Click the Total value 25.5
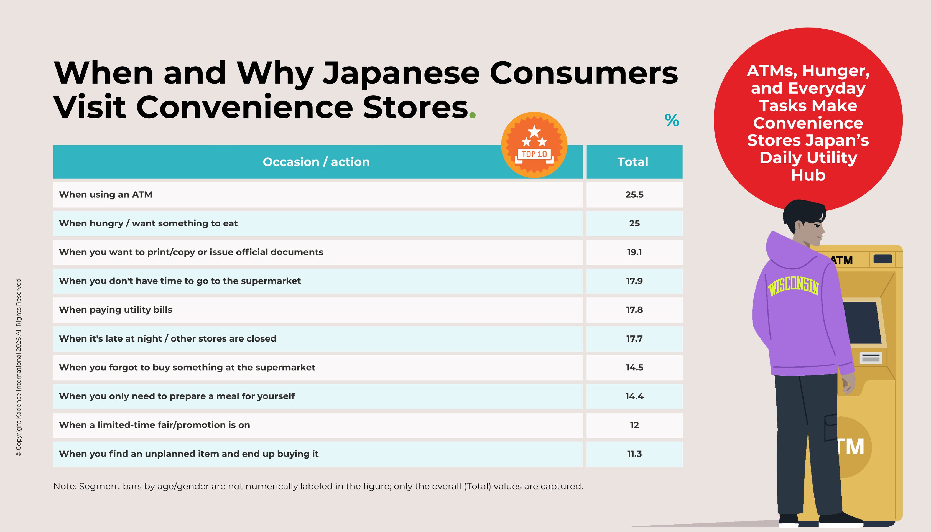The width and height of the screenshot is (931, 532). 634,195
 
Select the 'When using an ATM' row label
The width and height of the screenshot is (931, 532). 106,195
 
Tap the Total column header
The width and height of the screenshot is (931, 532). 632,162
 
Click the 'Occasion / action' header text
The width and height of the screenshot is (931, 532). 316,162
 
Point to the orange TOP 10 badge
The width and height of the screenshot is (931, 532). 534,145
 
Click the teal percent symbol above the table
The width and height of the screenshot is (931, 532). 672,120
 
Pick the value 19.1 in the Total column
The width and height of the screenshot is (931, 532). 634,252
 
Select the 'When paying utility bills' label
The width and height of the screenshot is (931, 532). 115,310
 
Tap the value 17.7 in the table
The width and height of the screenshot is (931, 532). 634,339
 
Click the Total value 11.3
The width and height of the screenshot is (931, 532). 634,454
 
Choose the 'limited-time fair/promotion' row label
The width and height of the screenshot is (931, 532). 154,425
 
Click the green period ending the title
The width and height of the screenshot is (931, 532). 472,115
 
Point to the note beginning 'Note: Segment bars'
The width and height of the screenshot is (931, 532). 318,486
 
